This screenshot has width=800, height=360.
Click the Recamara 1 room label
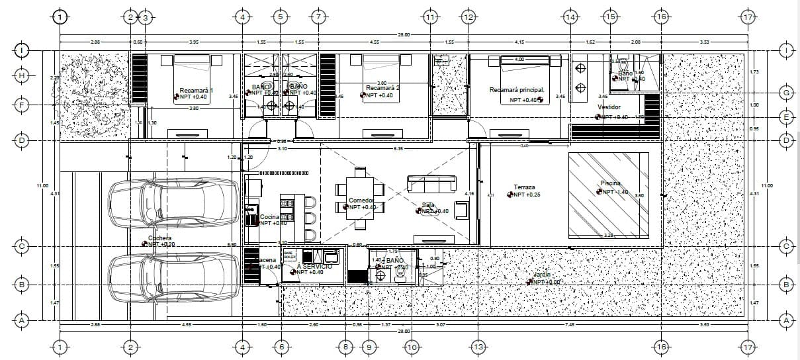[196, 90]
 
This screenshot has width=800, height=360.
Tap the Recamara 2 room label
[382, 87]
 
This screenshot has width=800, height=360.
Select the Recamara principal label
[517, 89]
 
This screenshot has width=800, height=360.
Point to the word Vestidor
[609, 107]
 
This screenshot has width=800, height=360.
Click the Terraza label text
[524, 187]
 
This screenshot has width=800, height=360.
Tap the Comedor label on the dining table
[361, 200]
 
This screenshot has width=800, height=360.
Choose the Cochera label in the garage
[159, 238]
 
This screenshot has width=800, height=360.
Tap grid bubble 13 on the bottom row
[478, 347]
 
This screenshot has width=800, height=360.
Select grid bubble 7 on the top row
[318, 17]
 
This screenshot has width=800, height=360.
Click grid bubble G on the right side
[786, 93]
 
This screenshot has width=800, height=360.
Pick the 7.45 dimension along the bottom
[569, 325]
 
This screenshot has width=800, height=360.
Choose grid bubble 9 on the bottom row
[369, 347]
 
